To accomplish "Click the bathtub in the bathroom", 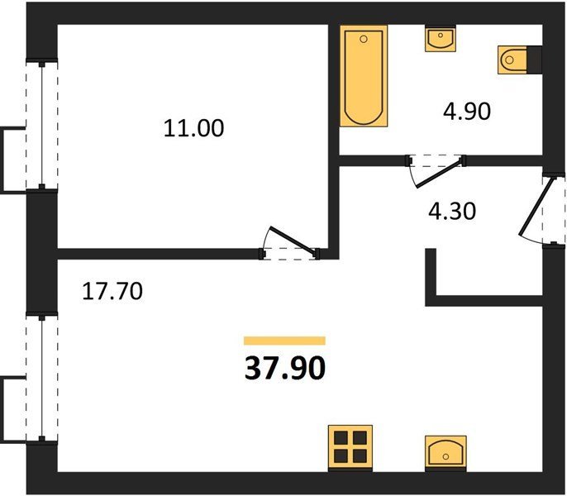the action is click(364, 75).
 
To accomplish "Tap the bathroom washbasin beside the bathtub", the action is click(440, 38).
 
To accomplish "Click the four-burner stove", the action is click(350, 448).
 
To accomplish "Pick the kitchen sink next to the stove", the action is click(445, 453).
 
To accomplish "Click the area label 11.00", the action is click(193, 128).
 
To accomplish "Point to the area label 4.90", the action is click(467, 111).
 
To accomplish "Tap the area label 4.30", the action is click(452, 212).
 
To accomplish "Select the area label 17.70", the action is click(112, 292).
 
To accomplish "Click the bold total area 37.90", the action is click(285, 369).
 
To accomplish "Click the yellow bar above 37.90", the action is click(284, 341).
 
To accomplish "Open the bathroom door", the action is click(436, 171).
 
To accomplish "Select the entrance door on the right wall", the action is click(542, 211).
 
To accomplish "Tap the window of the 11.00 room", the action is click(42, 125).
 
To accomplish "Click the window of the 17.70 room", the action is click(42, 378).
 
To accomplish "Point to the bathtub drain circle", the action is click(364, 39).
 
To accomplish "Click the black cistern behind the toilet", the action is click(535, 60).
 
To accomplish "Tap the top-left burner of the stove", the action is click(341, 438).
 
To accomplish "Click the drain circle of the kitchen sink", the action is click(445, 457).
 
